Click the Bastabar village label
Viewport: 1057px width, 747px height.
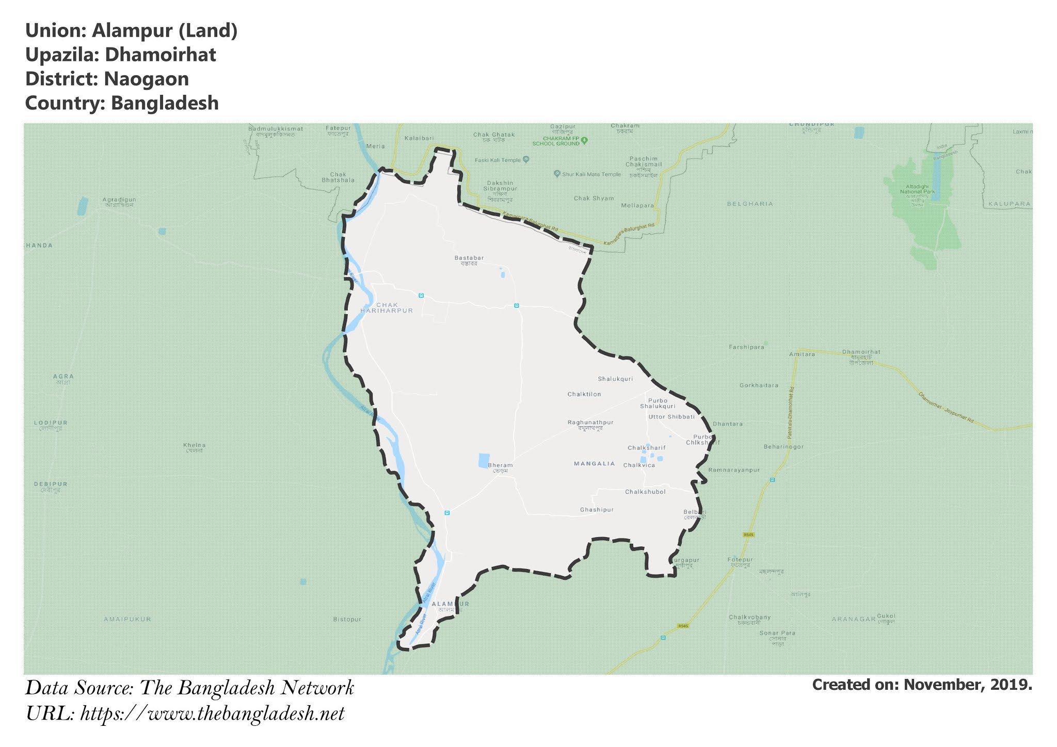click(x=469, y=260)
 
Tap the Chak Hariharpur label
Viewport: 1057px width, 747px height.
click(x=387, y=308)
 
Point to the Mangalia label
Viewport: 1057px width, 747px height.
click(x=595, y=464)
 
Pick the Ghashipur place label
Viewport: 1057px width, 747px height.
click(x=597, y=510)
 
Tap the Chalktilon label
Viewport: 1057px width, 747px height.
click(x=584, y=394)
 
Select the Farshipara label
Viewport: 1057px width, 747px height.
click(x=746, y=347)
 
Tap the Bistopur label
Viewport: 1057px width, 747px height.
click(x=347, y=619)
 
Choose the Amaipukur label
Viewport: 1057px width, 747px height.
click(x=127, y=619)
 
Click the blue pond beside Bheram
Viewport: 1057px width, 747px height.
click(x=484, y=460)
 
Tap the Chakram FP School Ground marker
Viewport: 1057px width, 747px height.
click(x=584, y=140)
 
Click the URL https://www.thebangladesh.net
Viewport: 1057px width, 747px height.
click(x=212, y=714)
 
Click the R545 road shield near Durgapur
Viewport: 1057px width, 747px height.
click(x=748, y=534)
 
